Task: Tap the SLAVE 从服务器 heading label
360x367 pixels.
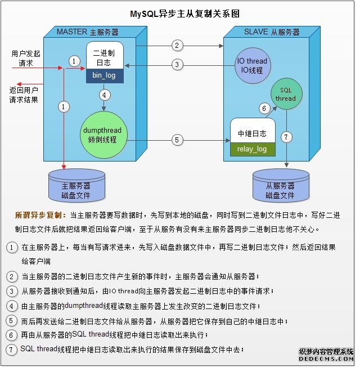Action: [272, 32]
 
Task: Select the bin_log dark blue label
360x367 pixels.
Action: [104, 75]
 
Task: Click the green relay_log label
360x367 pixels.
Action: [253, 149]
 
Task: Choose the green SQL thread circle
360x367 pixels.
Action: [285, 95]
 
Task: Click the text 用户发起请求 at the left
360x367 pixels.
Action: [26, 59]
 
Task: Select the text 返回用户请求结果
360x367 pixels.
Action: [24, 94]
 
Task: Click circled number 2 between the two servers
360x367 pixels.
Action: [177, 46]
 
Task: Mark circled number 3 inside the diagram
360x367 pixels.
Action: [177, 65]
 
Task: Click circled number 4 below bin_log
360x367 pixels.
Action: [104, 95]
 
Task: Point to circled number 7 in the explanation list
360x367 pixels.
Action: [11, 350]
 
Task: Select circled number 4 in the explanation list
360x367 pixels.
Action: [11, 306]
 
